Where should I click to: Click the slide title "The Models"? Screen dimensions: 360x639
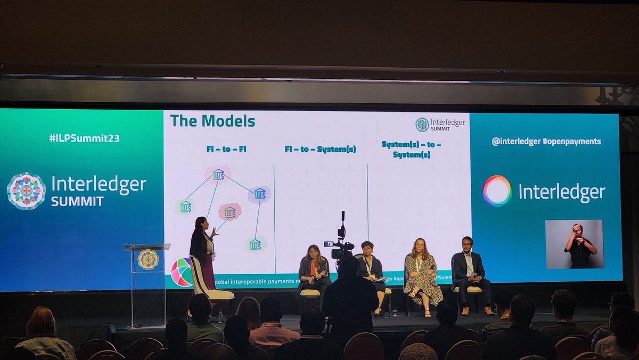(212, 121)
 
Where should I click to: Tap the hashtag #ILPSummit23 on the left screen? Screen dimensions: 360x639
(84, 138)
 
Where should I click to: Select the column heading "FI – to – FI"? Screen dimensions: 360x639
(226, 149)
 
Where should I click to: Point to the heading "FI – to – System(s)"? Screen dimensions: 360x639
(320, 149)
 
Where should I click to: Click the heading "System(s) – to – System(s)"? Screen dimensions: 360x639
(412, 149)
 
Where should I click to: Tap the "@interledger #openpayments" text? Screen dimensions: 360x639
(546, 142)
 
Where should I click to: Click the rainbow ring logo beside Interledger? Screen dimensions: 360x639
(497, 191)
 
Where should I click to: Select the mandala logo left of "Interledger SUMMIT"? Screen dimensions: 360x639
(26, 191)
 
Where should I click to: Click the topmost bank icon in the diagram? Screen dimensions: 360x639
(218, 174)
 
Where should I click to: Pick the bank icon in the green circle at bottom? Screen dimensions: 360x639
(255, 244)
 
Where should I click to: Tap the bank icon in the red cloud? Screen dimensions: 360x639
(230, 212)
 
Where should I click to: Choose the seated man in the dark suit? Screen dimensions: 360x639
(469, 272)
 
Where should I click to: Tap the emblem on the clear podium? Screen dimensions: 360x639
(148, 259)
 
